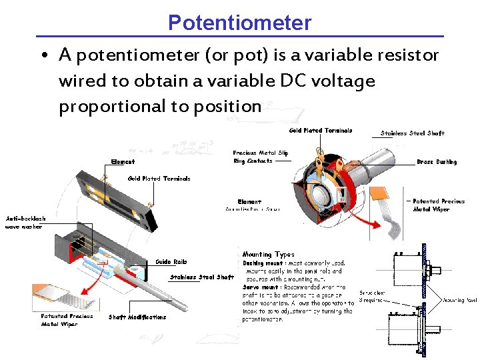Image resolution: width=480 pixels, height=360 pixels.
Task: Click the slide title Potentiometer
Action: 239,23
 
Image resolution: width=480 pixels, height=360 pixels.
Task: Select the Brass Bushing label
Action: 437,162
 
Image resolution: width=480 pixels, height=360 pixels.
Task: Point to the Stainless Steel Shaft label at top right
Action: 412,133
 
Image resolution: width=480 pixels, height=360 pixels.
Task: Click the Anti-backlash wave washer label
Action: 26,223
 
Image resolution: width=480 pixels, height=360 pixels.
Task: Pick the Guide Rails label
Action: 171,261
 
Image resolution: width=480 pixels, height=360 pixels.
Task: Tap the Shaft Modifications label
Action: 137,317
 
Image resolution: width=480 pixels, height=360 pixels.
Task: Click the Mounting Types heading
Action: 268,254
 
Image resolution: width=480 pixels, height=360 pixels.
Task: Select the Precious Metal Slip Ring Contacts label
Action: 261,157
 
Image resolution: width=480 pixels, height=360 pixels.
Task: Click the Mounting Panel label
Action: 460,300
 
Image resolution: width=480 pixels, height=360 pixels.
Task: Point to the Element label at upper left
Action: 123,162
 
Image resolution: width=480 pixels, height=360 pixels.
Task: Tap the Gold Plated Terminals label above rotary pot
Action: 321,131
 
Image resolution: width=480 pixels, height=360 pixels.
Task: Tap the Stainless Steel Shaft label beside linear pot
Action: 201,277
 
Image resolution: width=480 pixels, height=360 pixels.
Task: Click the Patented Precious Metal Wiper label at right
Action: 439,205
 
